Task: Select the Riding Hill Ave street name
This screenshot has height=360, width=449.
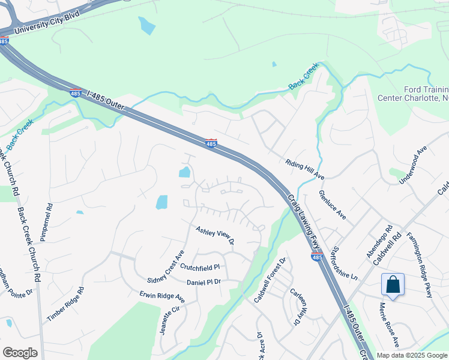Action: (x=305, y=169)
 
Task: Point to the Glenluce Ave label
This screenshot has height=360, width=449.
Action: (x=333, y=205)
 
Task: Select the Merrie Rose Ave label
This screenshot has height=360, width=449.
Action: (x=388, y=325)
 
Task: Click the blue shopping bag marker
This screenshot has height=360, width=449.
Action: (x=393, y=284)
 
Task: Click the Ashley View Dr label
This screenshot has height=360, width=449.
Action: (x=214, y=235)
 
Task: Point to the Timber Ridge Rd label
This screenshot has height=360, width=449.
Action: (x=65, y=304)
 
